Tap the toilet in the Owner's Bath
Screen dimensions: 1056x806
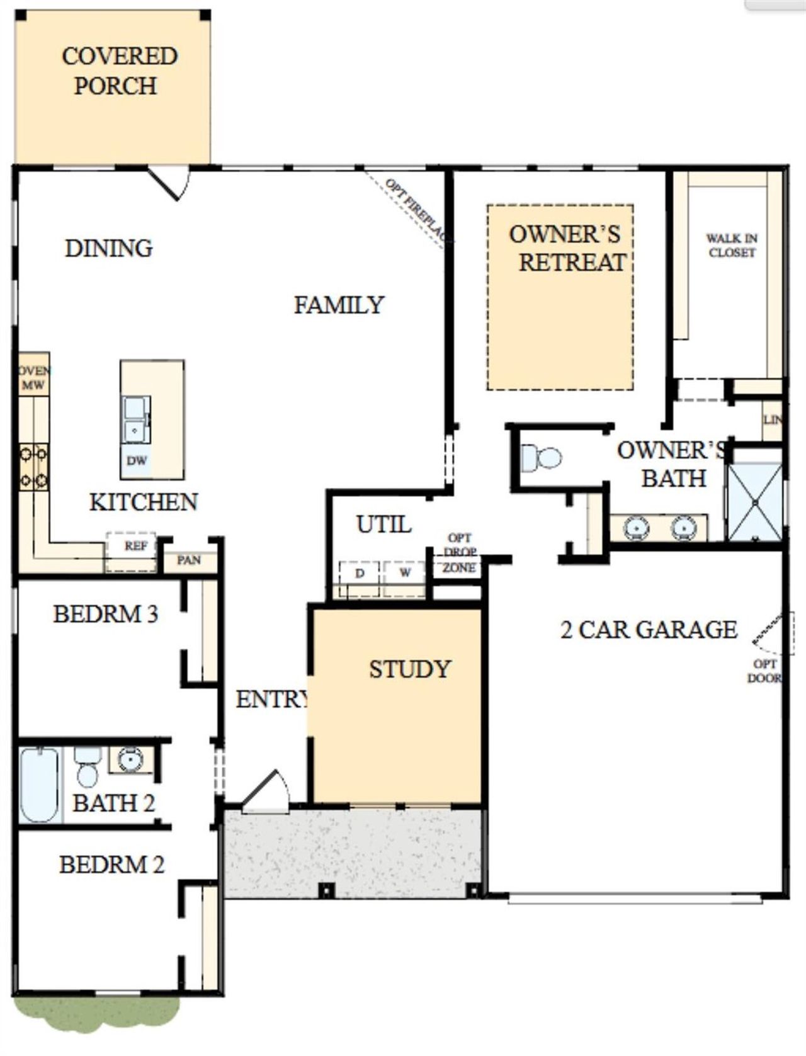(x=542, y=457)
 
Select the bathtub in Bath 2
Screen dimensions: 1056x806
(x=39, y=784)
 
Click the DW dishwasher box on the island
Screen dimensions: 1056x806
(x=137, y=461)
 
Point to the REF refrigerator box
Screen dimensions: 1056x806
(x=135, y=547)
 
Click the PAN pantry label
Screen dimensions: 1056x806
(x=188, y=560)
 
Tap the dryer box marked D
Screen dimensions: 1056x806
(x=360, y=574)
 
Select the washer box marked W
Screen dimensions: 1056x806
(x=405, y=573)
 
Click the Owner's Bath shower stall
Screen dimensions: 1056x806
(x=754, y=502)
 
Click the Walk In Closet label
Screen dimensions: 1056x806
(x=732, y=246)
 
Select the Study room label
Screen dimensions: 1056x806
(x=410, y=669)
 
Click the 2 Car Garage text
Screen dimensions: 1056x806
(x=649, y=630)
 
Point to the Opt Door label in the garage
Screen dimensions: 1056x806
(x=764, y=671)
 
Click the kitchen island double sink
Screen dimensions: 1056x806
(x=136, y=420)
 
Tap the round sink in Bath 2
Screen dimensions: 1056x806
(x=130, y=759)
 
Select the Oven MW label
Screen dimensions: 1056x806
(x=33, y=378)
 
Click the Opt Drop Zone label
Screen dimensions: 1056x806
(x=459, y=554)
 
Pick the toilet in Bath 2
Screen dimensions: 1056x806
(x=87, y=768)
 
